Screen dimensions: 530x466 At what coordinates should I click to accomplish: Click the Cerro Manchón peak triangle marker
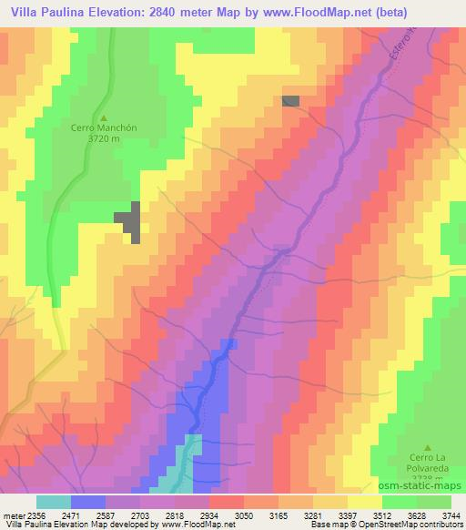(103, 117)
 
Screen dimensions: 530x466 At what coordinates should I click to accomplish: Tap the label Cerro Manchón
(104, 129)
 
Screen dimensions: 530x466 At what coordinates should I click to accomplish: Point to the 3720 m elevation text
(104, 140)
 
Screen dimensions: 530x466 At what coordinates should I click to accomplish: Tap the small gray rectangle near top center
(290, 100)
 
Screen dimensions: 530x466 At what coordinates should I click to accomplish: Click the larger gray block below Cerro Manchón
(130, 219)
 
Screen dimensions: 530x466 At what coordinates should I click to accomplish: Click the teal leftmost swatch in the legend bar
(54, 502)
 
